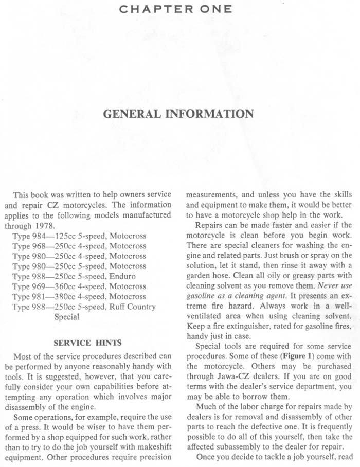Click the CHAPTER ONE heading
175,8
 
